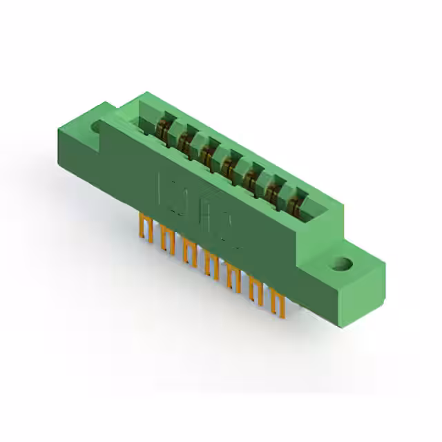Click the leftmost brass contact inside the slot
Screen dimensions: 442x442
(x=164, y=128)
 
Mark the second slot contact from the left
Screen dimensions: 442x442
(x=185, y=140)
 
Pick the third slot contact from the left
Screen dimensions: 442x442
(x=206, y=152)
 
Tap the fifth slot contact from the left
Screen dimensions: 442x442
(x=250, y=177)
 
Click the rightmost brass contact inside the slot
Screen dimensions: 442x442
(x=295, y=202)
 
